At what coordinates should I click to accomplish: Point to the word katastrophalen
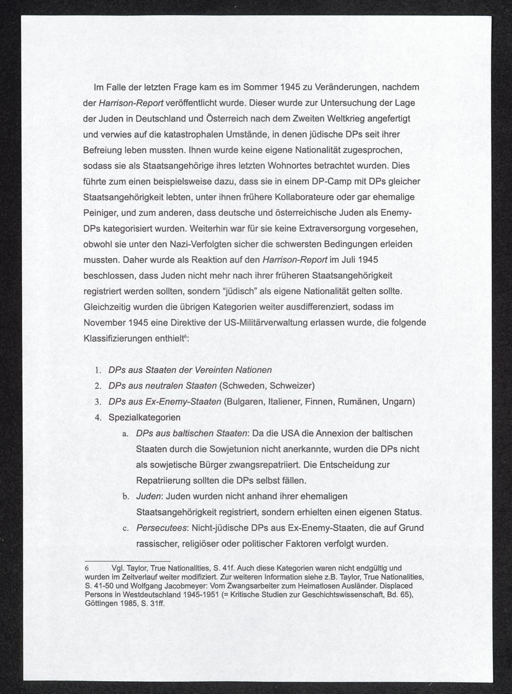point(191,134)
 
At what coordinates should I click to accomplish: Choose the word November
point(103,323)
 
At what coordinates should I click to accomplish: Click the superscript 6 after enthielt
point(185,337)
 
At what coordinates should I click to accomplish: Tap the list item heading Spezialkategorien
point(144,418)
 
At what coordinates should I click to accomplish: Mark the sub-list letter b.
point(125,497)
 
